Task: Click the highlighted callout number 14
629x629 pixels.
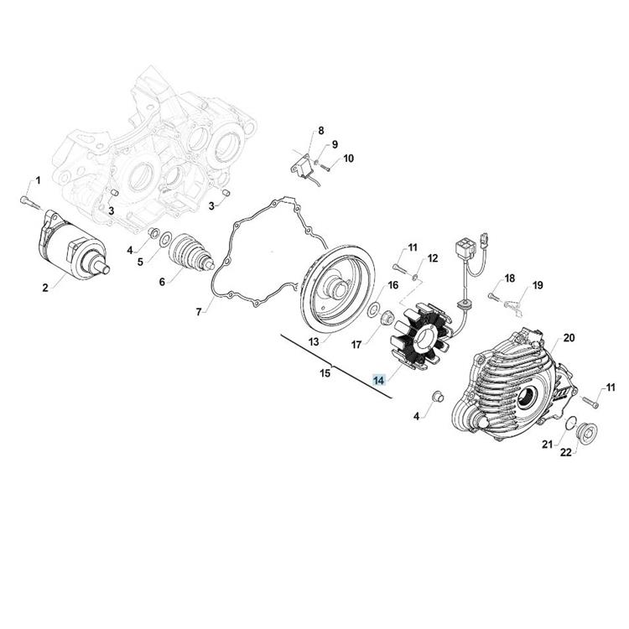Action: [x=379, y=380]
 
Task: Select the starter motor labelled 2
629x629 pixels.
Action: [x=72, y=245]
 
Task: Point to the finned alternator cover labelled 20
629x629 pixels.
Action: [x=517, y=387]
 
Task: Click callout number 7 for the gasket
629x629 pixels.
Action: [x=199, y=312]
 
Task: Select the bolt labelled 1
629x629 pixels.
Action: [x=30, y=203]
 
